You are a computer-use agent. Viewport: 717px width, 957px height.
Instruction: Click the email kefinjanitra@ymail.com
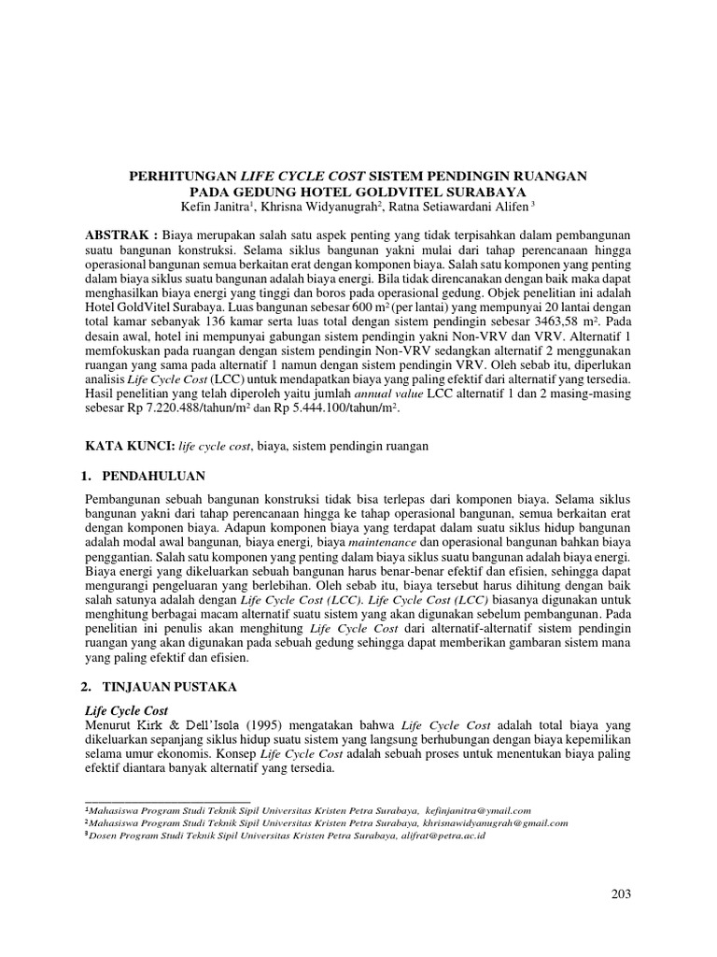(475, 810)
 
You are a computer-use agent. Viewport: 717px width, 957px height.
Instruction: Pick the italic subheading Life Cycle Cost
(126, 710)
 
